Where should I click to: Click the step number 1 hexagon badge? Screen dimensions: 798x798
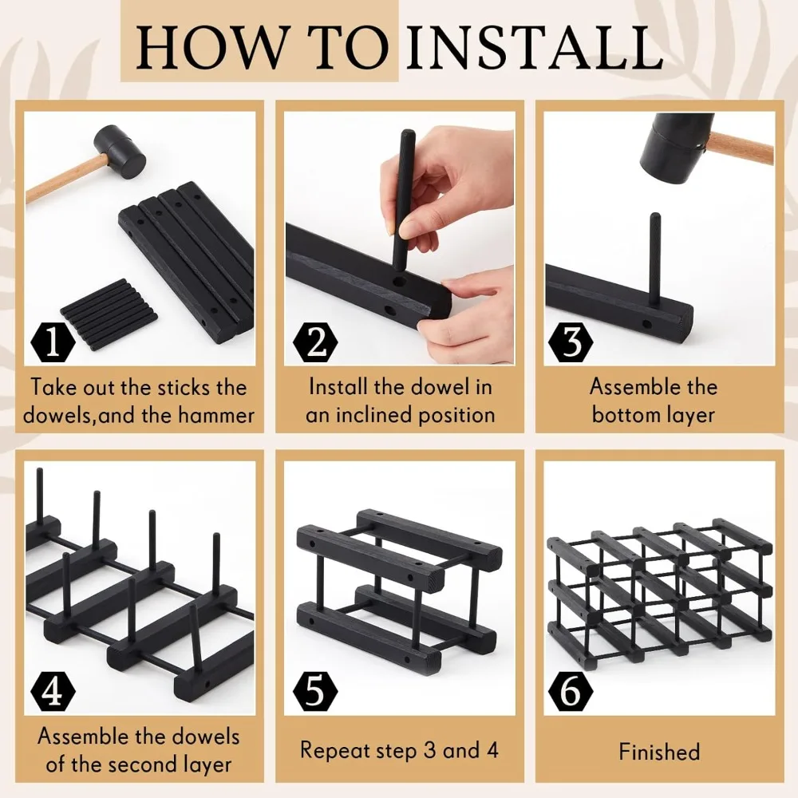coord(53,342)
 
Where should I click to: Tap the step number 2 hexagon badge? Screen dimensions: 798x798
coord(315,342)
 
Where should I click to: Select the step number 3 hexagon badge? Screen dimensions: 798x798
coord(571,342)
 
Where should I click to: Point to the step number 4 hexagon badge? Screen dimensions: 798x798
coord(53,691)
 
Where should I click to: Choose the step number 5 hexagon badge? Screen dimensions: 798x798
coord(315,691)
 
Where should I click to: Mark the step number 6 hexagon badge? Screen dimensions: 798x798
coord(571,691)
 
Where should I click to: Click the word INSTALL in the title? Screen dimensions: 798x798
coord(535,47)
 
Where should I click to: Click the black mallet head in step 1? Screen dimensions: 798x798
coord(120,152)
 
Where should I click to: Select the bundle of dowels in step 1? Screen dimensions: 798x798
coord(109,314)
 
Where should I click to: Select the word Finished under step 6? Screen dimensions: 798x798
coord(660,752)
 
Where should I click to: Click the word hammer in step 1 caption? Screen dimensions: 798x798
coord(215,415)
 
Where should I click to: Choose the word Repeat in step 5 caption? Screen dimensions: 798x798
coord(334,751)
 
